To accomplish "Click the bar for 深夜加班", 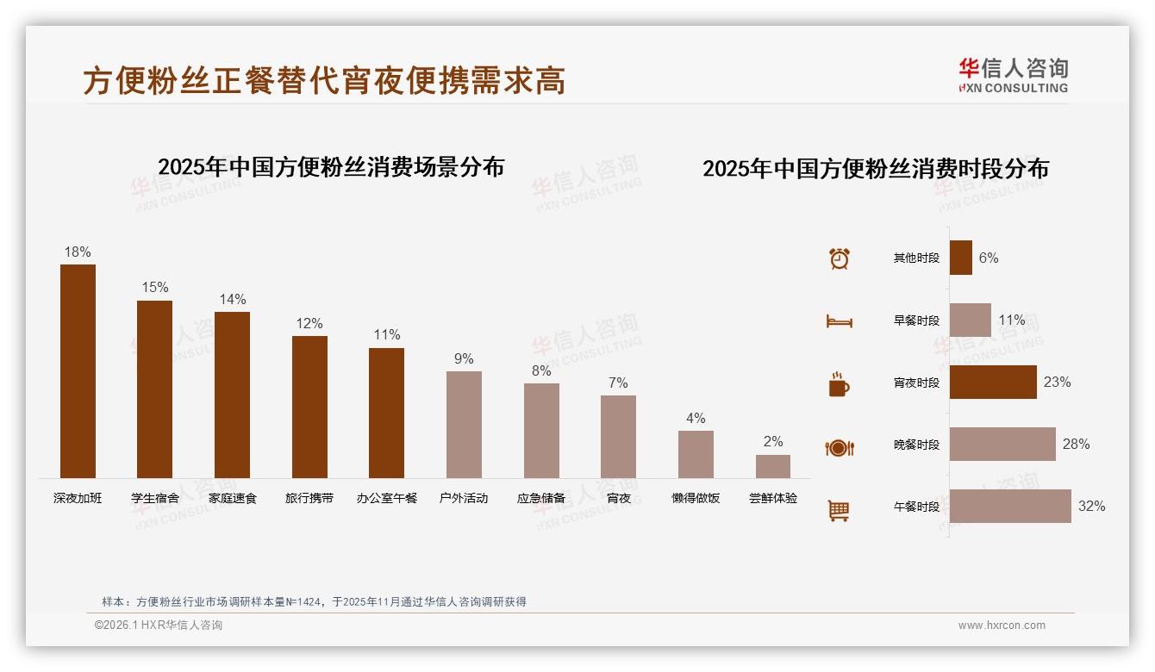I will point(78,371).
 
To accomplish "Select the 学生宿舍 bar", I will point(155,389).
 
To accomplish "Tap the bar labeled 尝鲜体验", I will point(773,466).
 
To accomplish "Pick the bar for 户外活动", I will point(464,425).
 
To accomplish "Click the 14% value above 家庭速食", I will point(232,300).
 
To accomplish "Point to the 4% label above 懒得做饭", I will point(696,419).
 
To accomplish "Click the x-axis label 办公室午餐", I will point(387,498).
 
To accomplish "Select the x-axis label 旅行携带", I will point(309,498).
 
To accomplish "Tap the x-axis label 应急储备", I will point(541,498).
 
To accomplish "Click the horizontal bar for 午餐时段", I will point(1010,507).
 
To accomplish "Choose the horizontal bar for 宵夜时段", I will point(993,383).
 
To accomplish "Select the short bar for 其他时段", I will point(961,258).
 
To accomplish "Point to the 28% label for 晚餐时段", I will point(1076,445).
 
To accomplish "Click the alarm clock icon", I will point(840,258).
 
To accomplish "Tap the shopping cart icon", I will point(839,510).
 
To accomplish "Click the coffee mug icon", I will point(839,384).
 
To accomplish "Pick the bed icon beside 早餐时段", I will point(839,321).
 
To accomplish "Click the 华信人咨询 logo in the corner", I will point(1014,75).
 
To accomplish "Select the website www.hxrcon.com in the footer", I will point(1002,625).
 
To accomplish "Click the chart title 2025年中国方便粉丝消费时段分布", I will point(876,169).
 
